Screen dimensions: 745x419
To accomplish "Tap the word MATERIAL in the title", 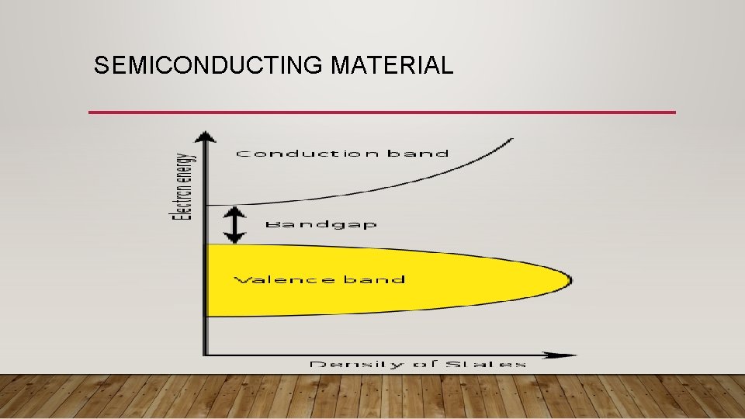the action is [x=392, y=66].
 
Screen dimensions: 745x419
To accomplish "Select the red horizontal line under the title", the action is [x=382, y=113].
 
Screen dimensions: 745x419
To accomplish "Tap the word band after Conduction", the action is [x=418, y=154].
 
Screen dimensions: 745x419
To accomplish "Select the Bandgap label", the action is [x=321, y=224].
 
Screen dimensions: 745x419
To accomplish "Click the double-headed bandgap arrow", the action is [x=234, y=225].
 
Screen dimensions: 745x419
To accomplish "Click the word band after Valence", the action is [x=376, y=279].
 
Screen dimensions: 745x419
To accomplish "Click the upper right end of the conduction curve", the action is [x=511, y=140].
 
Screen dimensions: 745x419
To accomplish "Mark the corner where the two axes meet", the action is [x=205, y=355].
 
